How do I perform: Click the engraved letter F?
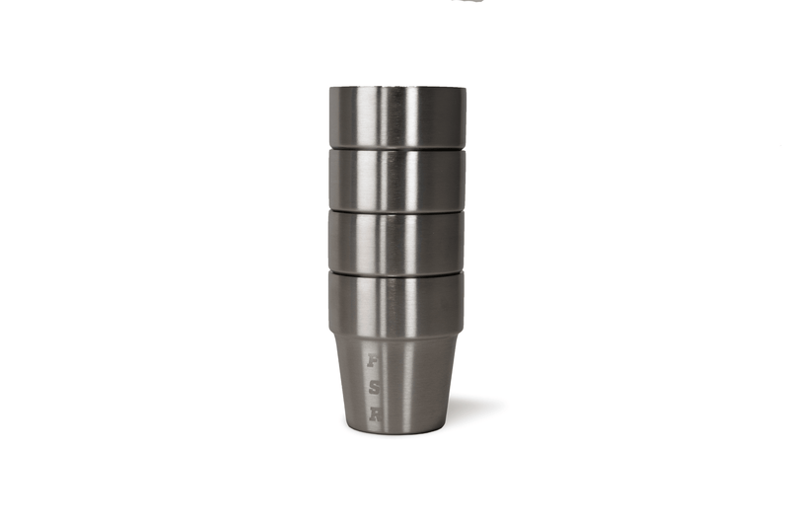(374, 361)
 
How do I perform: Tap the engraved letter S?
(374, 388)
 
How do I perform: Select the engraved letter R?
(374, 414)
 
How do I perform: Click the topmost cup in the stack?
(396, 116)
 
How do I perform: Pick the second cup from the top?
(396, 179)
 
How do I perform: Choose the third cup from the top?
(396, 241)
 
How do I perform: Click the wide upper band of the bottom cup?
(396, 301)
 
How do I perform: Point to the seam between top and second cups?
(396, 148)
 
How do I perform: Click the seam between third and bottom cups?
(396, 271)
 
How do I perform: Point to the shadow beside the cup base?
(470, 407)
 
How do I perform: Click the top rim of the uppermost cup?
(396, 88)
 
